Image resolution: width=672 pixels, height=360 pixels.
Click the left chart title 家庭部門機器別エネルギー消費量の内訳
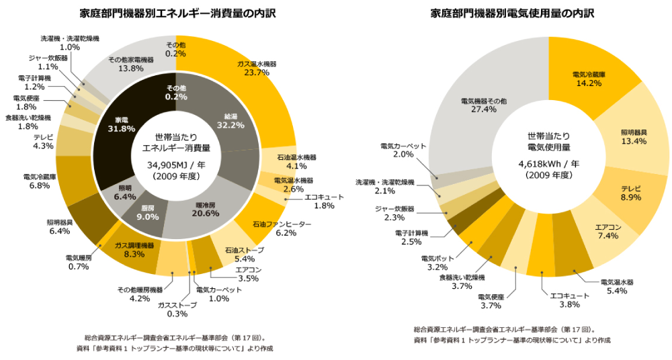click(x=177, y=13)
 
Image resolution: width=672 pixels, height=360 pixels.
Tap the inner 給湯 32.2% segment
click(x=225, y=120)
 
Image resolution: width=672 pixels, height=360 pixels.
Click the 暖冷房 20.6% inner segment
click(x=202, y=209)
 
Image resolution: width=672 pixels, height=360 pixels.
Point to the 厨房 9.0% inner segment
click(x=147, y=212)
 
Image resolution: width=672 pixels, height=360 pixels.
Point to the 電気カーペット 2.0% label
click(x=403, y=150)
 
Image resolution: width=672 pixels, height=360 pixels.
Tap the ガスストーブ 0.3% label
click(x=177, y=309)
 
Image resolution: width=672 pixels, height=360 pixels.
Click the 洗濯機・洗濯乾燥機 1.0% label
click(x=70, y=43)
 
